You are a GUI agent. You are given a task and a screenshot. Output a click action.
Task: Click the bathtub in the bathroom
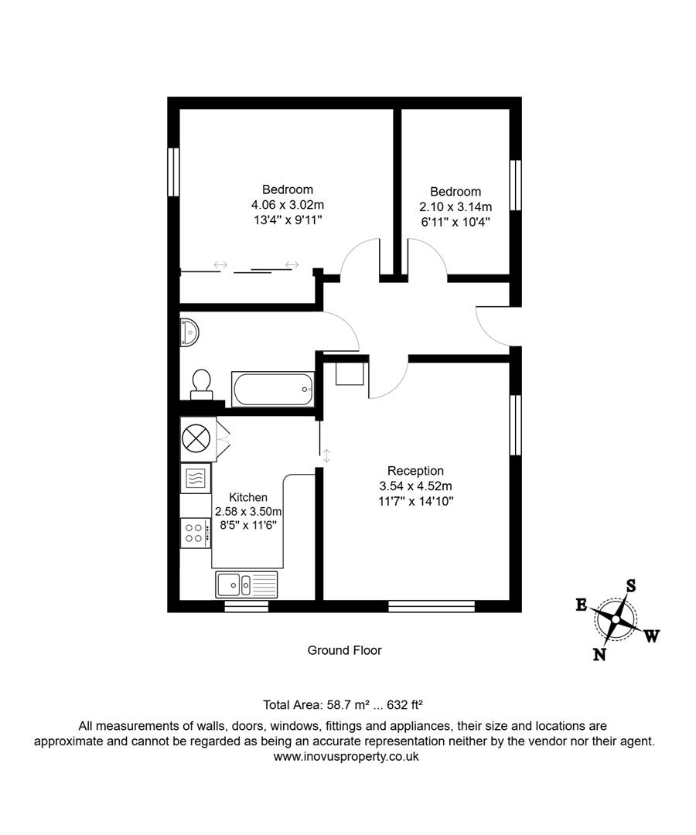click(x=273, y=388)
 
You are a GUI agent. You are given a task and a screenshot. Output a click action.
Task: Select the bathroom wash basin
click(x=189, y=331)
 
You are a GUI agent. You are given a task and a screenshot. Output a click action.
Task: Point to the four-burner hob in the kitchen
click(x=195, y=532)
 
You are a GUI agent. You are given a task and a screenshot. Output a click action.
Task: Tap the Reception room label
click(x=415, y=471)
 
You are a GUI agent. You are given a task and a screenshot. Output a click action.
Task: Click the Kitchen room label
click(x=248, y=497)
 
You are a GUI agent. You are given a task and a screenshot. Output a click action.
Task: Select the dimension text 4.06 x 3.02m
click(x=287, y=205)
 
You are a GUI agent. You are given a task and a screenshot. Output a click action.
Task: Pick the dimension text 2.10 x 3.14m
click(x=455, y=206)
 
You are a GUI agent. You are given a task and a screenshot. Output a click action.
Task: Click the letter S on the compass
click(x=630, y=585)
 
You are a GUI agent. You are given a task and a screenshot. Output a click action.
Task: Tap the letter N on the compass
click(x=599, y=655)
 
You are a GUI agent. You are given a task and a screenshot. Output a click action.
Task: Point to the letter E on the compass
click(x=581, y=605)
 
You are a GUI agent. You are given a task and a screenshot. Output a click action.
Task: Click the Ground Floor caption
click(x=344, y=650)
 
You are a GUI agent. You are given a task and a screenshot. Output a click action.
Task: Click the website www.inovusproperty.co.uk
click(x=346, y=757)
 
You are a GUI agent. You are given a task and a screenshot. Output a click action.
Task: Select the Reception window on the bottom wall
click(x=431, y=606)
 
